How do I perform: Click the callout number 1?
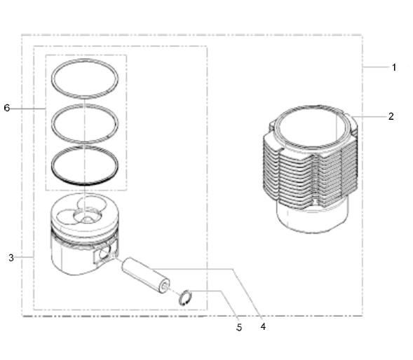point(394,67)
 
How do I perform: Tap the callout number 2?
point(391,116)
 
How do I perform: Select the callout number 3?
point(11,258)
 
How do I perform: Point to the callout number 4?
point(263,326)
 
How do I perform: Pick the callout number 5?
point(239,327)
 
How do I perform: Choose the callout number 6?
point(7,108)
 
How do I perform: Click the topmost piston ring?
point(85,60)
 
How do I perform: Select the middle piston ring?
point(85,105)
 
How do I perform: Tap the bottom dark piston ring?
point(85,184)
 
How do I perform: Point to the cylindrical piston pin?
point(145,275)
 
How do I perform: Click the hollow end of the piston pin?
point(165,286)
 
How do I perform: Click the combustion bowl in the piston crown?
point(87,216)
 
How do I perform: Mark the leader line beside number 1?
point(376,67)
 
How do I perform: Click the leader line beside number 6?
point(27,109)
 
